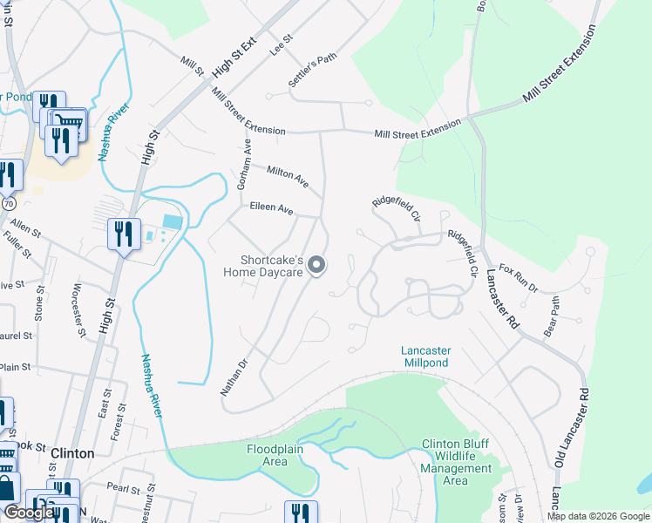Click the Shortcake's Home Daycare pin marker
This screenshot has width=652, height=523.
point(317,265)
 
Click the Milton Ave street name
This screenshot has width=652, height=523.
point(288,177)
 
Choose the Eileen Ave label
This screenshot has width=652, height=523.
point(271,209)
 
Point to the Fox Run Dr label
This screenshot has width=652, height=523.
point(519,278)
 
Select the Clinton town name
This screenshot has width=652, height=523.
point(72,453)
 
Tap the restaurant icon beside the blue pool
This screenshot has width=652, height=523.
point(123,234)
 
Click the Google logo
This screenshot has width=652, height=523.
point(29,513)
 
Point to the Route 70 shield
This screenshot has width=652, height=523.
point(9,202)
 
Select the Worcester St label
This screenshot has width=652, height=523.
point(79,309)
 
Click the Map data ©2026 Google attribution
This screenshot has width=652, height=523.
point(597,516)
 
